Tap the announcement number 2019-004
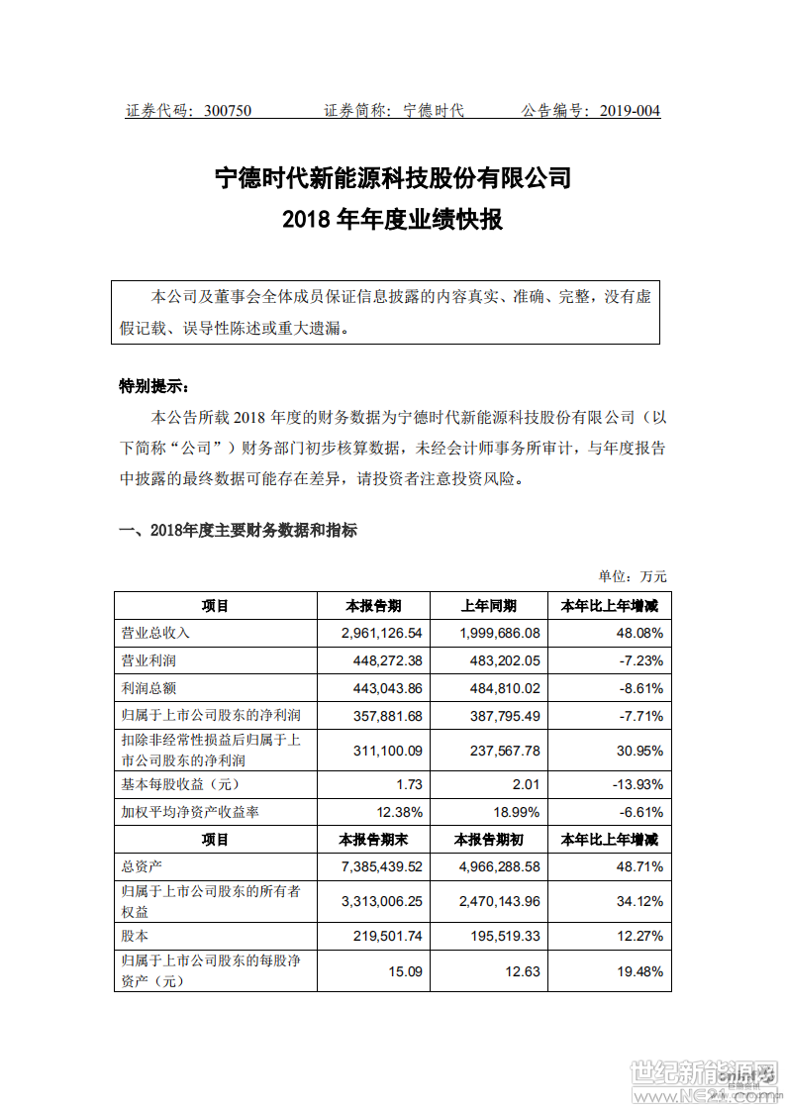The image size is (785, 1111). (x=630, y=111)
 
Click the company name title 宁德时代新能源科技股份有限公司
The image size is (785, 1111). (x=393, y=178)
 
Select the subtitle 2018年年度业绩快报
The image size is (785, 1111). (x=393, y=219)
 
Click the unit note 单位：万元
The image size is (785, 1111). (x=633, y=576)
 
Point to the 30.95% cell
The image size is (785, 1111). (x=639, y=751)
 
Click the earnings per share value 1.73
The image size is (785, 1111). (x=409, y=785)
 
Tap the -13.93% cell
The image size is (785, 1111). (x=635, y=785)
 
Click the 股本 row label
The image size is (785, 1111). (x=133, y=935)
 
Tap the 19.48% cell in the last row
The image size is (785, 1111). (x=639, y=971)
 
